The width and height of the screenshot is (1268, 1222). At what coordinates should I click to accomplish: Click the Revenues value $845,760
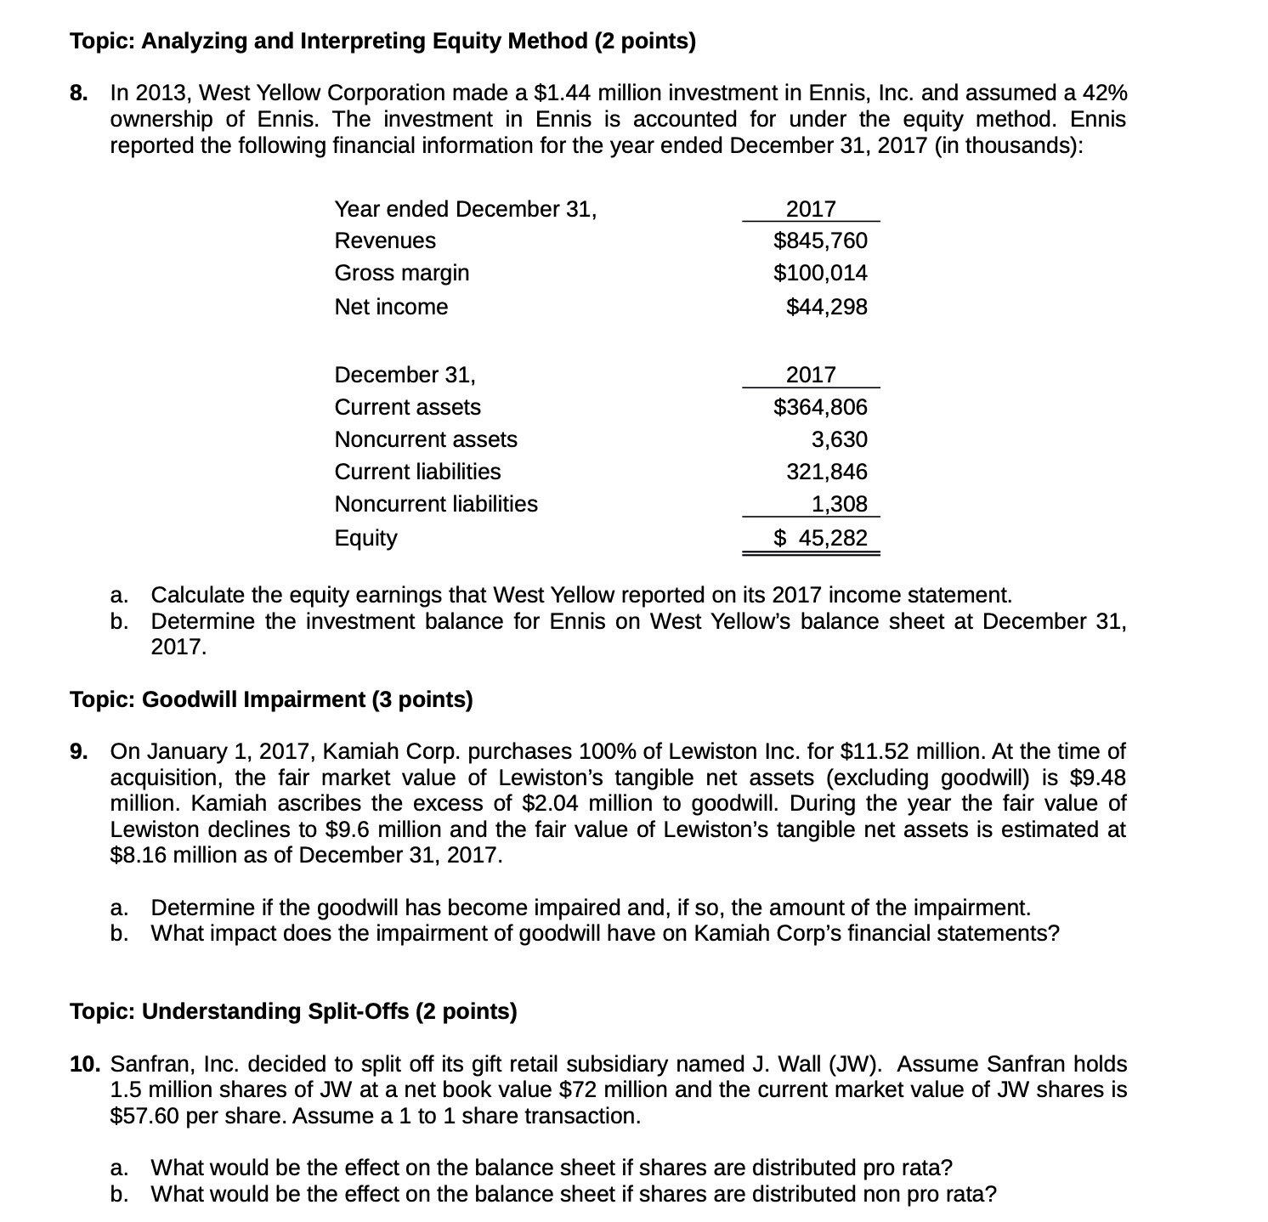click(x=820, y=240)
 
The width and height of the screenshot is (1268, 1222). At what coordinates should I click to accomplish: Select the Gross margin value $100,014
click(x=820, y=273)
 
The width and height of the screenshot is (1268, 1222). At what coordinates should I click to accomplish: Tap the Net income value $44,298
click(x=826, y=307)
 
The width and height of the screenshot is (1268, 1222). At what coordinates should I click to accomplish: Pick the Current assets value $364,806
click(x=820, y=407)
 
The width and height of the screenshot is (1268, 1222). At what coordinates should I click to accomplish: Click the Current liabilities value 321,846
click(x=827, y=472)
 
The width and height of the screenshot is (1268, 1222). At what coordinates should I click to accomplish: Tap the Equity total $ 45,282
click(x=820, y=538)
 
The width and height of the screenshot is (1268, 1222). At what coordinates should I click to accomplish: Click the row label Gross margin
click(x=401, y=273)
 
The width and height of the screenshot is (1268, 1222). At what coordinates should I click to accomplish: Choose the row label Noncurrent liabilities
click(x=435, y=504)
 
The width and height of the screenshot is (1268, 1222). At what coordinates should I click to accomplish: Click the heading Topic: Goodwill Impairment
click(x=271, y=699)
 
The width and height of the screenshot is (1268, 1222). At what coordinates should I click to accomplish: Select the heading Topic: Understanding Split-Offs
click(x=293, y=1011)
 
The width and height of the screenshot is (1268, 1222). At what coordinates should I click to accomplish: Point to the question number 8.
click(x=78, y=93)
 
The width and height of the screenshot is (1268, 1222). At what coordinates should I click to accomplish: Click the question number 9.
click(x=78, y=752)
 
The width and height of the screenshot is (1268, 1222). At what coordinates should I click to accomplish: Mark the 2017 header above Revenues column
click(x=811, y=209)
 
